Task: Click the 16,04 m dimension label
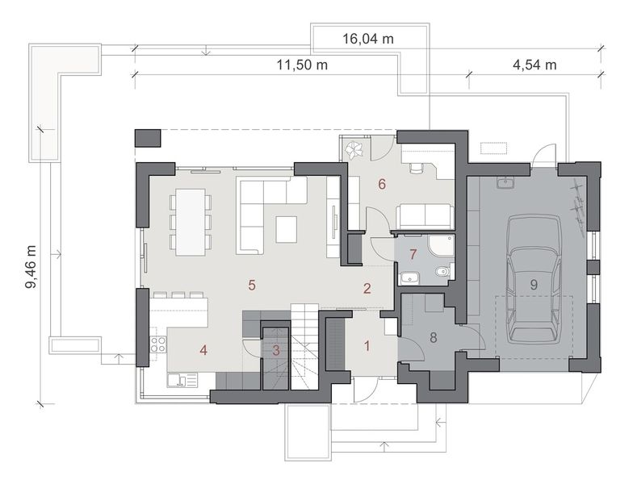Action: click(x=367, y=37)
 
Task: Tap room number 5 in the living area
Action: click(x=252, y=285)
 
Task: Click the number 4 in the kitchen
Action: click(x=203, y=350)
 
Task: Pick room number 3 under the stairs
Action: click(x=275, y=350)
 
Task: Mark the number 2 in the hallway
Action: click(x=367, y=288)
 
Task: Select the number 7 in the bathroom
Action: click(x=413, y=255)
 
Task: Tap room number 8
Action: click(x=433, y=337)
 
